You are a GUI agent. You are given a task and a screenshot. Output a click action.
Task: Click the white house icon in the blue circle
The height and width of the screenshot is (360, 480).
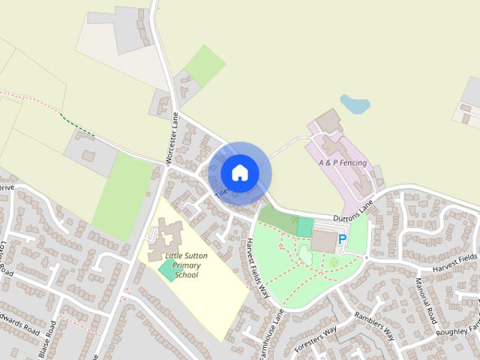click(x=240, y=173)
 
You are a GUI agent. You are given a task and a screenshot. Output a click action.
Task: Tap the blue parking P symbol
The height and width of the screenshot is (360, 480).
click(x=343, y=239)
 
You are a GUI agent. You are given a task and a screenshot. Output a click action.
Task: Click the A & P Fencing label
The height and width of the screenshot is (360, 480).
click(x=342, y=163)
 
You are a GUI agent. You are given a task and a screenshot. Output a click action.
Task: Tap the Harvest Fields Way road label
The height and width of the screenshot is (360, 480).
click(x=256, y=267)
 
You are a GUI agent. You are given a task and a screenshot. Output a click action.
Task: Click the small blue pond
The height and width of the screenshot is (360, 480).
click(x=355, y=104)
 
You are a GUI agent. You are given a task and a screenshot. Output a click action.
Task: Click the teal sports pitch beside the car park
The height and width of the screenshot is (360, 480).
click(x=304, y=226)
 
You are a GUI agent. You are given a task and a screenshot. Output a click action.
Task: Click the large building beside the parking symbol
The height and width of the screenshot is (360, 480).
click(x=324, y=241)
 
